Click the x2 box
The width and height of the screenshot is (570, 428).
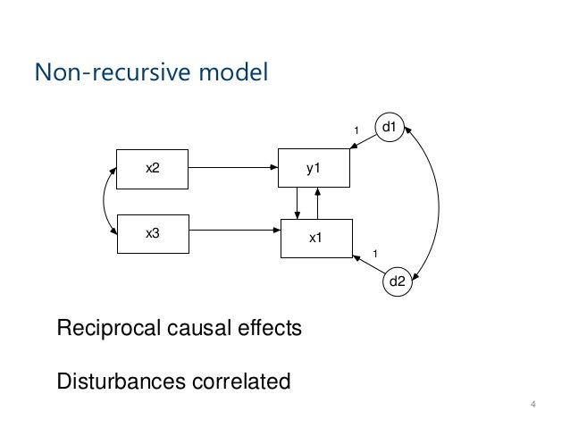[154, 168]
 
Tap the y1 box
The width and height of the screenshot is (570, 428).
[315, 168]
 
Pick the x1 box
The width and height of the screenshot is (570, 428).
[315, 238]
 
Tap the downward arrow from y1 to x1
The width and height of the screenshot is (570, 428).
[298, 203]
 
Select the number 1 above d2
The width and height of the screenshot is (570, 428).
[375, 254]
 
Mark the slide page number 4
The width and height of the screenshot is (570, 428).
[532, 408]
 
